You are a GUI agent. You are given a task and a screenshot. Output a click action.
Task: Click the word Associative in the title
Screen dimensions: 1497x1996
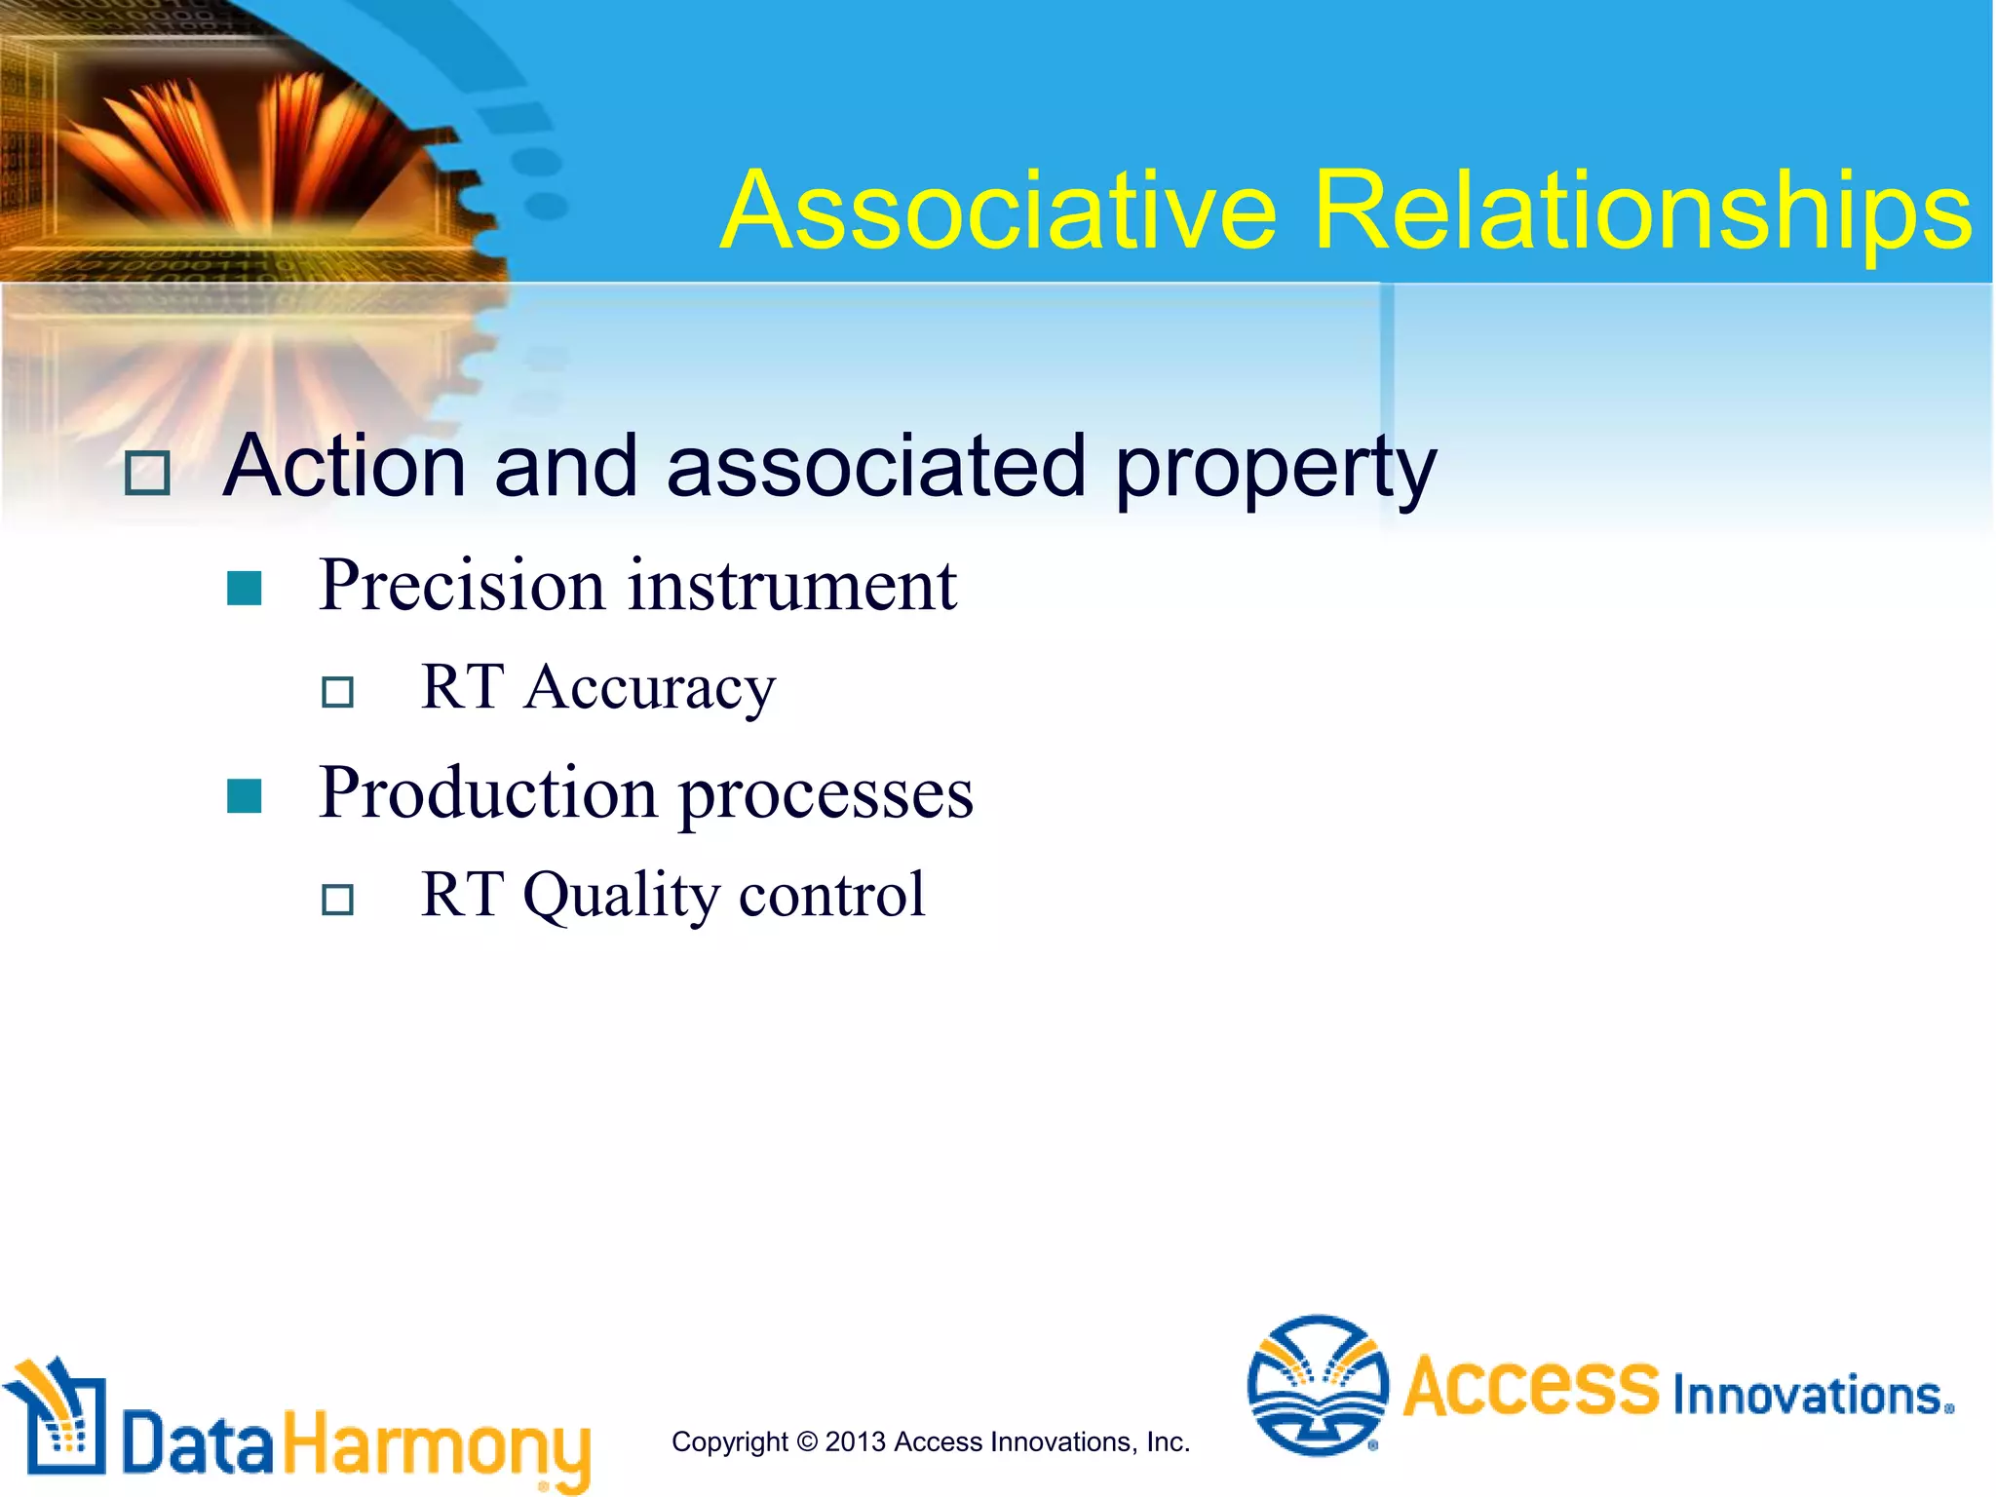tap(999, 211)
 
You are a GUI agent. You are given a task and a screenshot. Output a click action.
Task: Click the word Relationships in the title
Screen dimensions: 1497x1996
tap(1641, 211)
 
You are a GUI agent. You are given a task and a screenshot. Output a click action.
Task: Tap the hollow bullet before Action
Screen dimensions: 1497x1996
tap(147, 474)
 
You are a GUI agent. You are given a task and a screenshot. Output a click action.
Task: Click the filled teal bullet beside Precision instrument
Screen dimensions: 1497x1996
tap(244, 589)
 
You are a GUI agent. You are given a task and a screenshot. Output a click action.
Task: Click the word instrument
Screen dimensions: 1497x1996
tap(791, 587)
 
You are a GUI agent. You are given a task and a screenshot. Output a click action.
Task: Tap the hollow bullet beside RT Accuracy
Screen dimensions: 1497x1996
tap(337, 692)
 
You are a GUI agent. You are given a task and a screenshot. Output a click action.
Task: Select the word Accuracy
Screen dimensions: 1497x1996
tap(650, 688)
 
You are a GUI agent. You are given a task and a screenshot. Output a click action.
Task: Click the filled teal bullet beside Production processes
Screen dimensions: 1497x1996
tap(244, 796)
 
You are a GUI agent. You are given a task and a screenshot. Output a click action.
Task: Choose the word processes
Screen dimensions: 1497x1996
tap(825, 794)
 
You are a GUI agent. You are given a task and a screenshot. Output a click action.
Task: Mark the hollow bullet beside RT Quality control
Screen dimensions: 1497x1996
tap(337, 899)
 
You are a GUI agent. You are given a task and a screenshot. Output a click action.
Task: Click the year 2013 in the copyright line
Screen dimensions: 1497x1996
tap(855, 1441)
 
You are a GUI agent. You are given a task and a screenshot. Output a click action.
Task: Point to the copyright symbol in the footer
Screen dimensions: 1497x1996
tap(806, 1441)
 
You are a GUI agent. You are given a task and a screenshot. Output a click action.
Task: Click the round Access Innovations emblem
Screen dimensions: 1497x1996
tap(1318, 1385)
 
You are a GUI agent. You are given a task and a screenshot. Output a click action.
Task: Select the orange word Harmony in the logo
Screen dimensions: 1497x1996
tap(437, 1446)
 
